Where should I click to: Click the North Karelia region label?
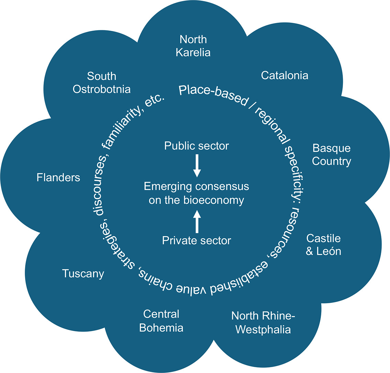(193, 45)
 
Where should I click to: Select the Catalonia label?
(285, 75)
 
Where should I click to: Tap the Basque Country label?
(332, 155)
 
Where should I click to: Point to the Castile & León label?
(323, 244)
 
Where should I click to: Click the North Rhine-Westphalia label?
(263, 322)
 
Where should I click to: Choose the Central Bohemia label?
(161, 320)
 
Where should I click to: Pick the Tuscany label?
(83, 274)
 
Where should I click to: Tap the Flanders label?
(58, 177)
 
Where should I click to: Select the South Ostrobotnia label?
(102, 83)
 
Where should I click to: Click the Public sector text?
(197, 146)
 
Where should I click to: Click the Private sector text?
(197, 240)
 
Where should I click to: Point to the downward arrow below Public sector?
(197, 165)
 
